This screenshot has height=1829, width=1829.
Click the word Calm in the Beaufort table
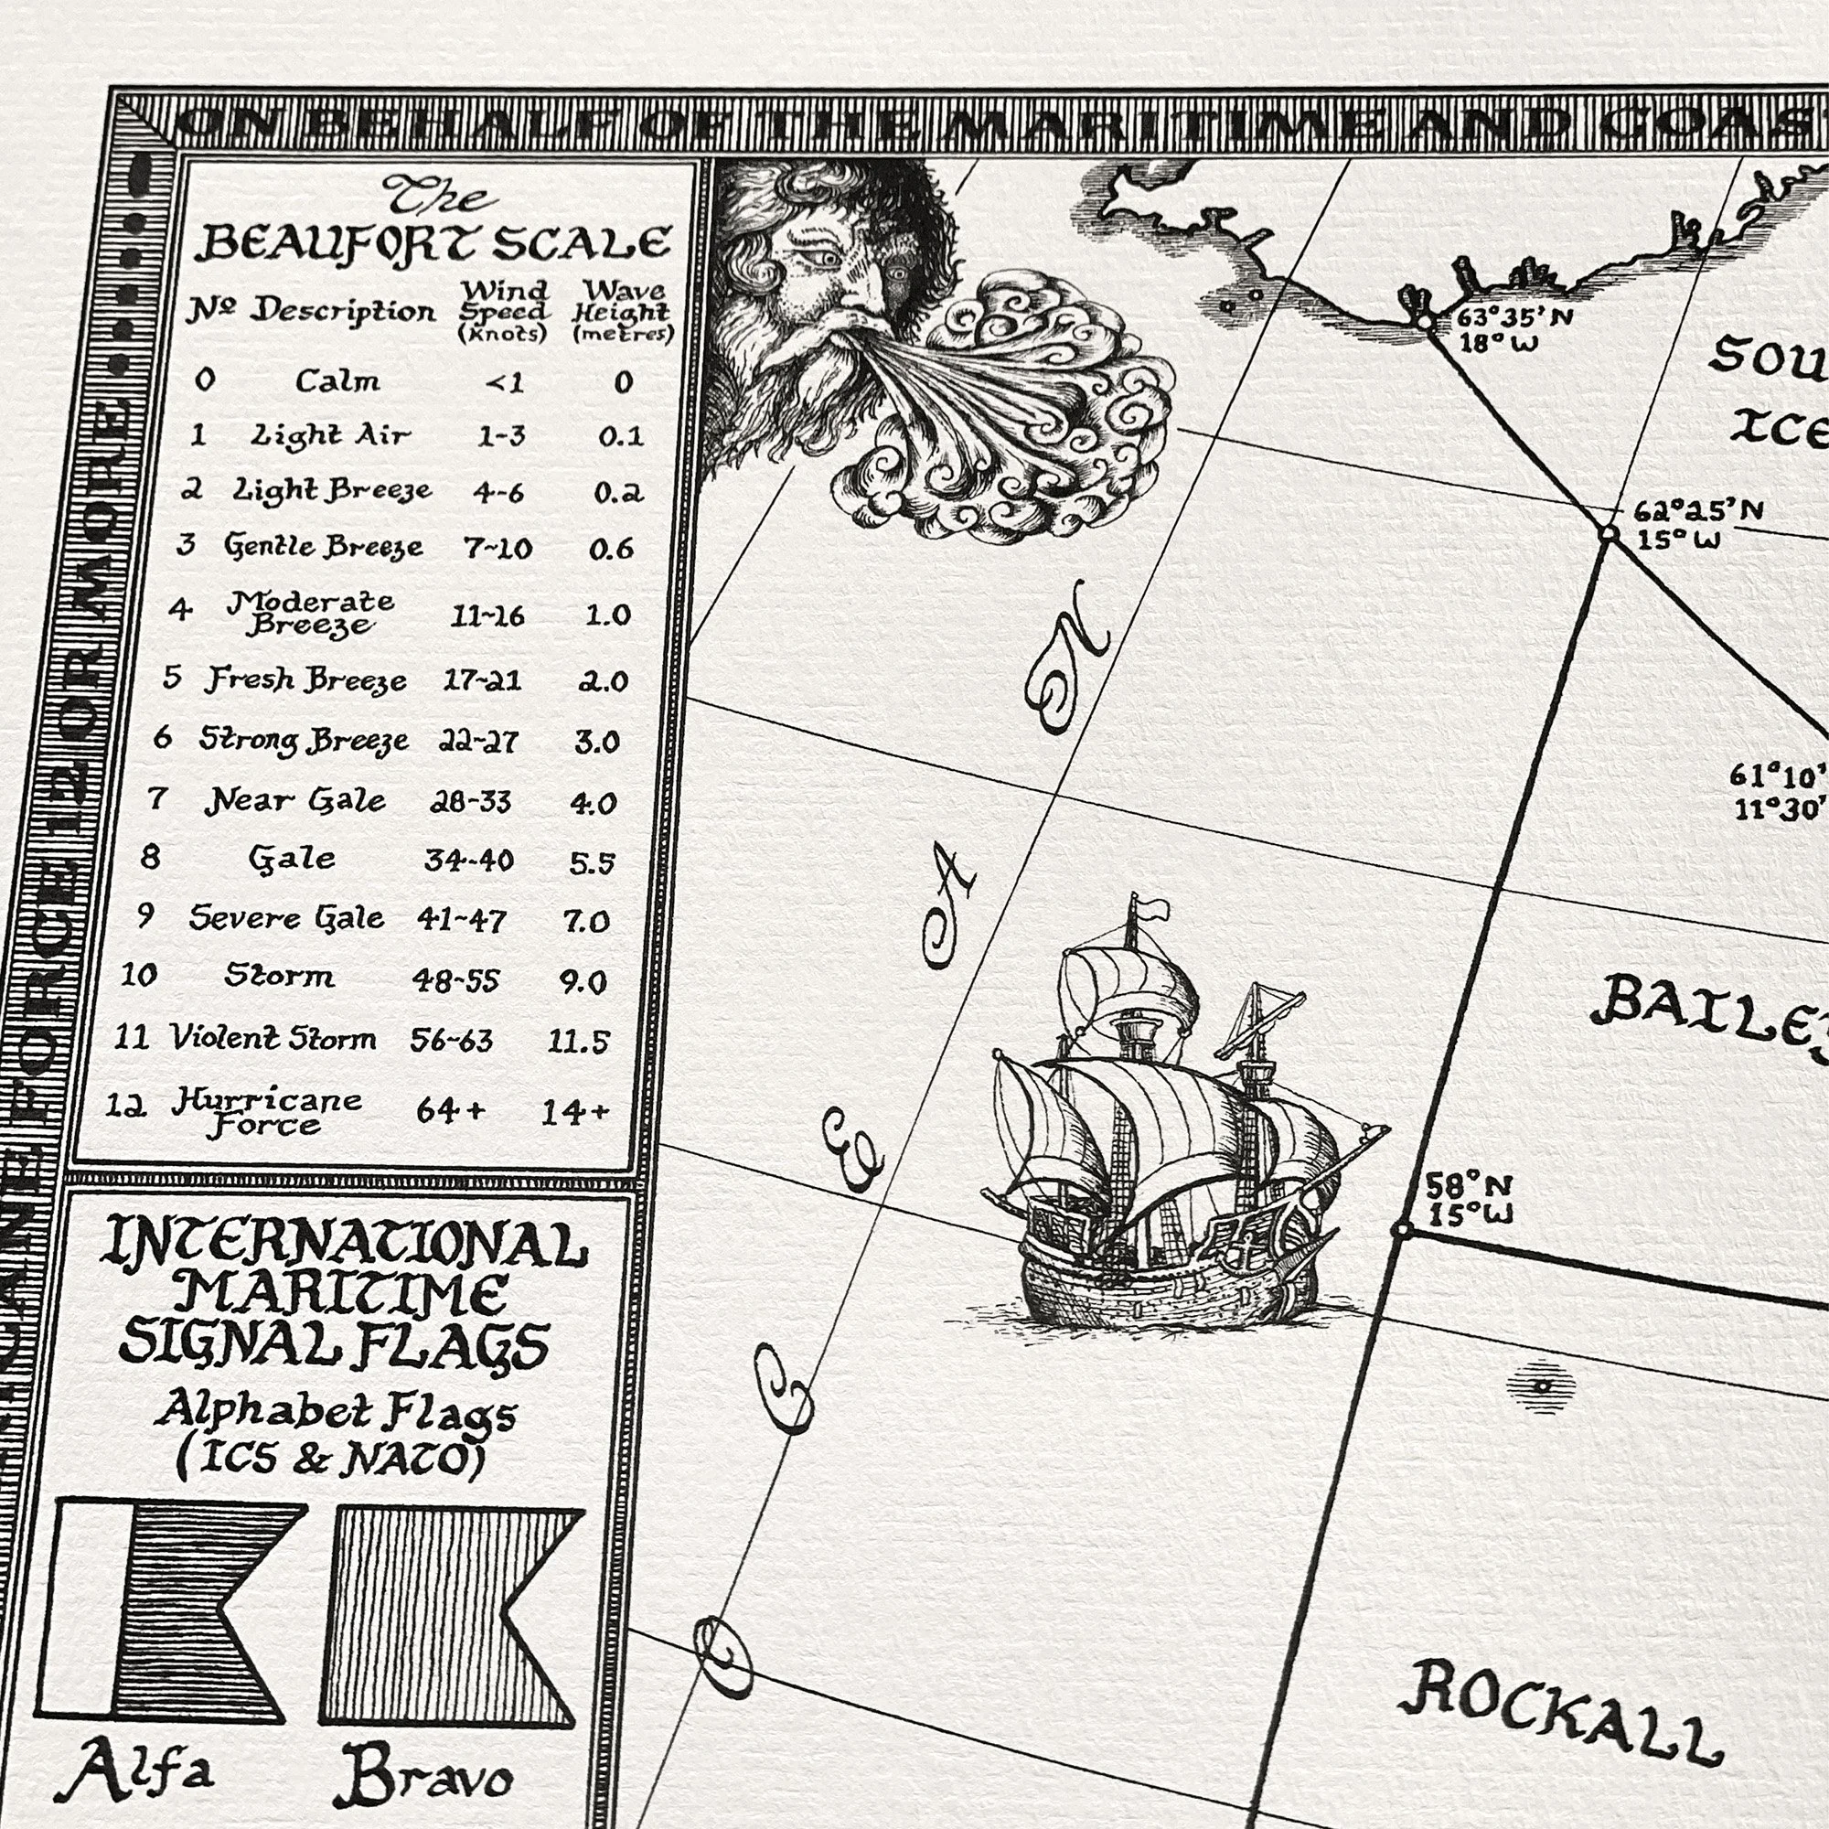(337, 380)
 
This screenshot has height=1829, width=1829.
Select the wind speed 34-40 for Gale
(468, 860)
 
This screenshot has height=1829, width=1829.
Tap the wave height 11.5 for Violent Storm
(577, 1042)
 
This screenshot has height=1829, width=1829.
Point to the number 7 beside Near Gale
(157, 799)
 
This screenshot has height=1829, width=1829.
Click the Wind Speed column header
(504, 311)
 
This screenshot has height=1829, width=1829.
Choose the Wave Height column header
(622, 311)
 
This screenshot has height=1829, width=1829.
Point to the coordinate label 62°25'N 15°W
(1696, 524)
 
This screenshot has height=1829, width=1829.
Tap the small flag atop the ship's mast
(1153, 909)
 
